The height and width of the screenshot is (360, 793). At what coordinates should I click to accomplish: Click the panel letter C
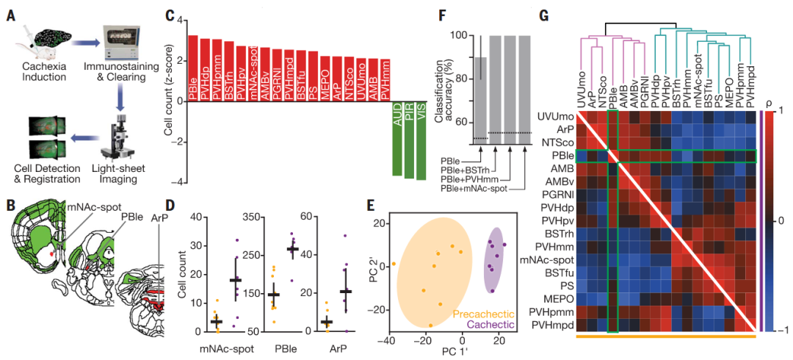pyautogui.click(x=170, y=13)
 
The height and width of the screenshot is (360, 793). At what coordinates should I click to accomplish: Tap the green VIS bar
pyautogui.click(x=421, y=140)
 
